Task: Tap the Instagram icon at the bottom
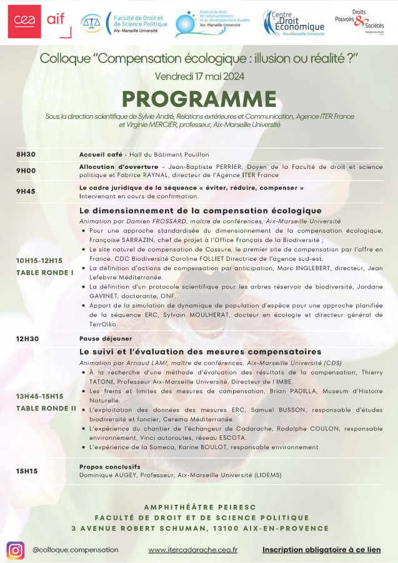pyautogui.click(x=16, y=550)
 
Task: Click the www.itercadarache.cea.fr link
pyautogui.click(x=192, y=550)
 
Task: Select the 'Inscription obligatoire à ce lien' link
pyautogui.click(x=321, y=550)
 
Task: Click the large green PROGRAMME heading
pyautogui.click(x=199, y=99)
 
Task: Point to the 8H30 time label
pyautogui.click(x=26, y=155)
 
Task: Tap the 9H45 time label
pyautogui.click(x=26, y=191)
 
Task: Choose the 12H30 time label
pyautogui.click(x=27, y=338)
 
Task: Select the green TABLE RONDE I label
pyautogui.click(x=45, y=272)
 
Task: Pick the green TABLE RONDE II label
pyautogui.click(x=46, y=408)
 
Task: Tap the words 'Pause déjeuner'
pyautogui.click(x=99, y=338)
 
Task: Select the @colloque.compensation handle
pyautogui.click(x=75, y=550)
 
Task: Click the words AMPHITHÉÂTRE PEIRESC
pyautogui.click(x=199, y=507)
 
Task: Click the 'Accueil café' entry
pyautogui.click(x=99, y=155)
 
